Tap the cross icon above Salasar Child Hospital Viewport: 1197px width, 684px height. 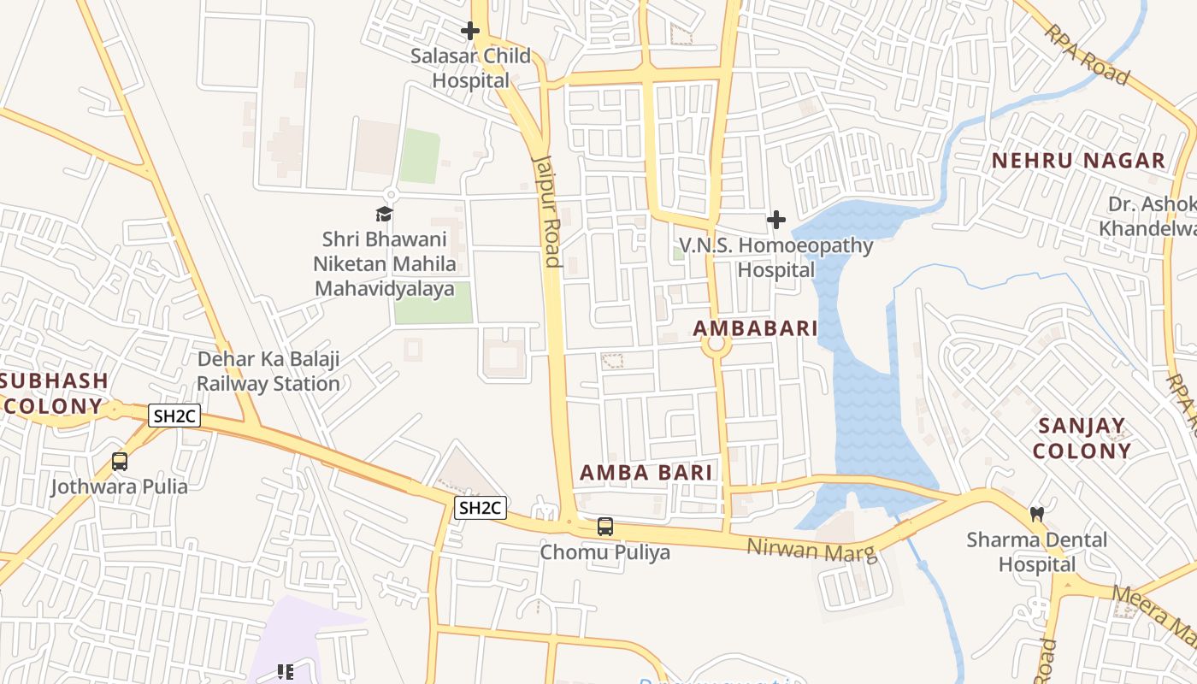click(x=469, y=32)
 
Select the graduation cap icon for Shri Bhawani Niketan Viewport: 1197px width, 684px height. click(x=384, y=214)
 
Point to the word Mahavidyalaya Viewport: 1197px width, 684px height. click(x=384, y=289)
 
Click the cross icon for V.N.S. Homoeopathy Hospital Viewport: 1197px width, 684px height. click(x=775, y=221)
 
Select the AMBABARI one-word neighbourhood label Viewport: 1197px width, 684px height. click(x=755, y=328)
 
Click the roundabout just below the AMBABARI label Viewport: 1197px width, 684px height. click(x=716, y=345)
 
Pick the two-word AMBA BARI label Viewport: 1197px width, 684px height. click(x=646, y=473)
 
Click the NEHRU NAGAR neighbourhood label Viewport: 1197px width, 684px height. click(x=1078, y=161)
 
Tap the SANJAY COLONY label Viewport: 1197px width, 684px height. click(x=1082, y=438)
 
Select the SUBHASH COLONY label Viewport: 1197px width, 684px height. click(x=54, y=393)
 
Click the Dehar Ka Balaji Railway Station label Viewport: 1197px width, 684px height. click(x=268, y=371)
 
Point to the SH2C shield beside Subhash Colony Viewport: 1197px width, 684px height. click(x=174, y=416)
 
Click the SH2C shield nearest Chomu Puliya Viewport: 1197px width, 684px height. click(x=481, y=509)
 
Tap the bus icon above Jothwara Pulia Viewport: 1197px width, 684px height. click(x=120, y=462)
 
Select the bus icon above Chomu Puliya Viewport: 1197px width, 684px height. click(x=605, y=527)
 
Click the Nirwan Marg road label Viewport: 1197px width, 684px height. click(x=812, y=551)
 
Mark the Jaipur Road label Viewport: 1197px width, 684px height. click(x=546, y=210)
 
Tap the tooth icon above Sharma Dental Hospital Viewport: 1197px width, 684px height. click(x=1037, y=515)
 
